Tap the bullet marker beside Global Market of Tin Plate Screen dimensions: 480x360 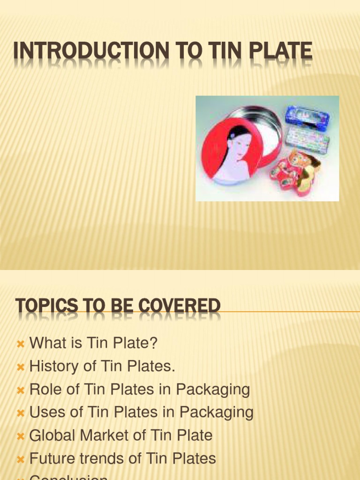pos(20,436)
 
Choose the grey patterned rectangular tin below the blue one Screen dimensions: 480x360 pos(307,137)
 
